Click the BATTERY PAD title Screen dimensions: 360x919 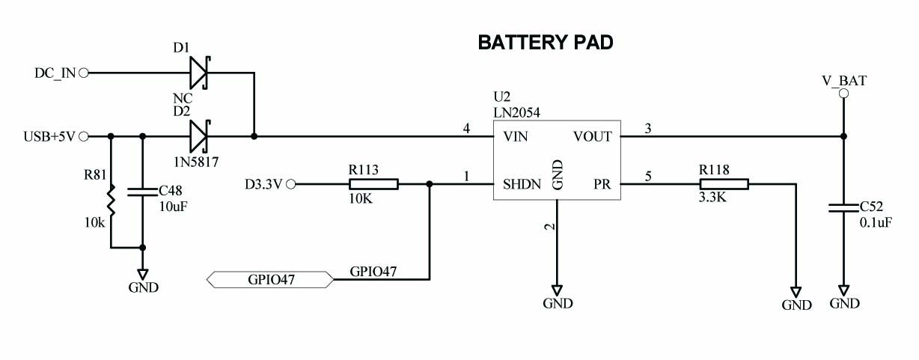click(x=546, y=43)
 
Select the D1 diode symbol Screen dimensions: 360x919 click(x=198, y=73)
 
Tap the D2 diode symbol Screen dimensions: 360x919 click(x=198, y=137)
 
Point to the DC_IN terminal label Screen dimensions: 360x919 click(x=55, y=73)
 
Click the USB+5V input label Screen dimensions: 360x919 click(x=49, y=137)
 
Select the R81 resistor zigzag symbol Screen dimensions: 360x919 click(x=111, y=201)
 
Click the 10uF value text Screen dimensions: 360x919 click(x=172, y=207)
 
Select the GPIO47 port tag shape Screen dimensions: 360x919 click(x=269, y=280)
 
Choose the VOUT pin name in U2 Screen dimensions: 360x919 click(x=593, y=137)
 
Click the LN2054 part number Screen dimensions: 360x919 click(x=516, y=112)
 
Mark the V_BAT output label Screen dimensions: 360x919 click(x=843, y=80)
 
